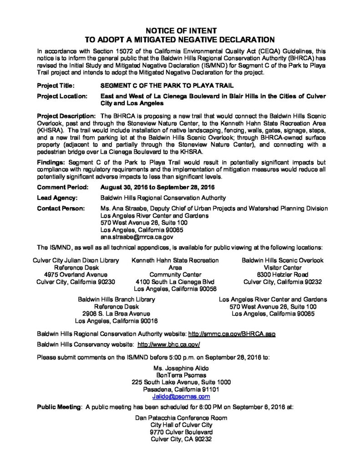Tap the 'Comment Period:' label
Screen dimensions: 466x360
pyautogui.click(x=61, y=187)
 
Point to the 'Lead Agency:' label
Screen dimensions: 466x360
pyautogui.click(x=57, y=198)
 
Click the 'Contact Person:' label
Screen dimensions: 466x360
pyautogui.click(x=61, y=208)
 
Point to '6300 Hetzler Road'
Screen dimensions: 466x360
pyautogui.click(x=283, y=275)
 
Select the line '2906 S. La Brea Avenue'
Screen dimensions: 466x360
pyautogui.click(x=116, y=314)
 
